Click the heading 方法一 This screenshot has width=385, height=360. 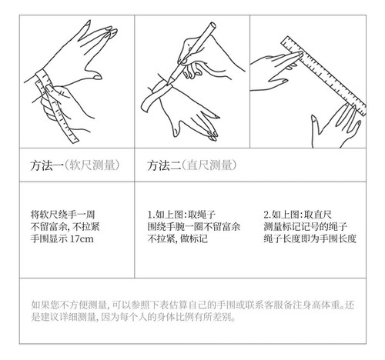pyautogui.click(x=46, y=165)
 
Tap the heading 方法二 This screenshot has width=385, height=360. pyautogui.click(x=163, y=165)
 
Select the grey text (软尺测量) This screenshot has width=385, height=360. pyautogui.click(x=92, y=165)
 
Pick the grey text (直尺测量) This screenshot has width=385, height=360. pyautogui.click(x=209, y=165)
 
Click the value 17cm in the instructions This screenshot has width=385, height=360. pyautogui.click(x=82, y=239)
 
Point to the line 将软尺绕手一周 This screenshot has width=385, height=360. pyautogui.click(x=62, y=215)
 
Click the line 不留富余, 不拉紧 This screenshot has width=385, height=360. pyautogui.click(x=65, y=227)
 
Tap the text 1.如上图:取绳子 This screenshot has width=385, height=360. pyautogui.click(x=182, y=215)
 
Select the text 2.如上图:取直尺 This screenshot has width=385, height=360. pyautogui.click(x=297, y=215)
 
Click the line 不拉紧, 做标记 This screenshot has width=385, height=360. pyautogui.click(x=177, y=239)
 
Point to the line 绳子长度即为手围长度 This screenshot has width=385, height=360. pyautogui.click(x=310, y=239)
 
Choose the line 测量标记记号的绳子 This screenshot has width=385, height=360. pyautogui.click(x=306, y=227)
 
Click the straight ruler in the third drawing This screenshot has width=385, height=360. pyautogui.click(x=323, y=75)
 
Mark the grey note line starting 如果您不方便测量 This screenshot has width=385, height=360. pyautogui.click(x=192, y=305)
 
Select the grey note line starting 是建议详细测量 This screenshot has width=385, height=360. pyautogui.click(x=133, y=317)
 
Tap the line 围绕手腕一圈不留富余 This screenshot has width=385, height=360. pyautogui.click(x=194, y=227)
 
